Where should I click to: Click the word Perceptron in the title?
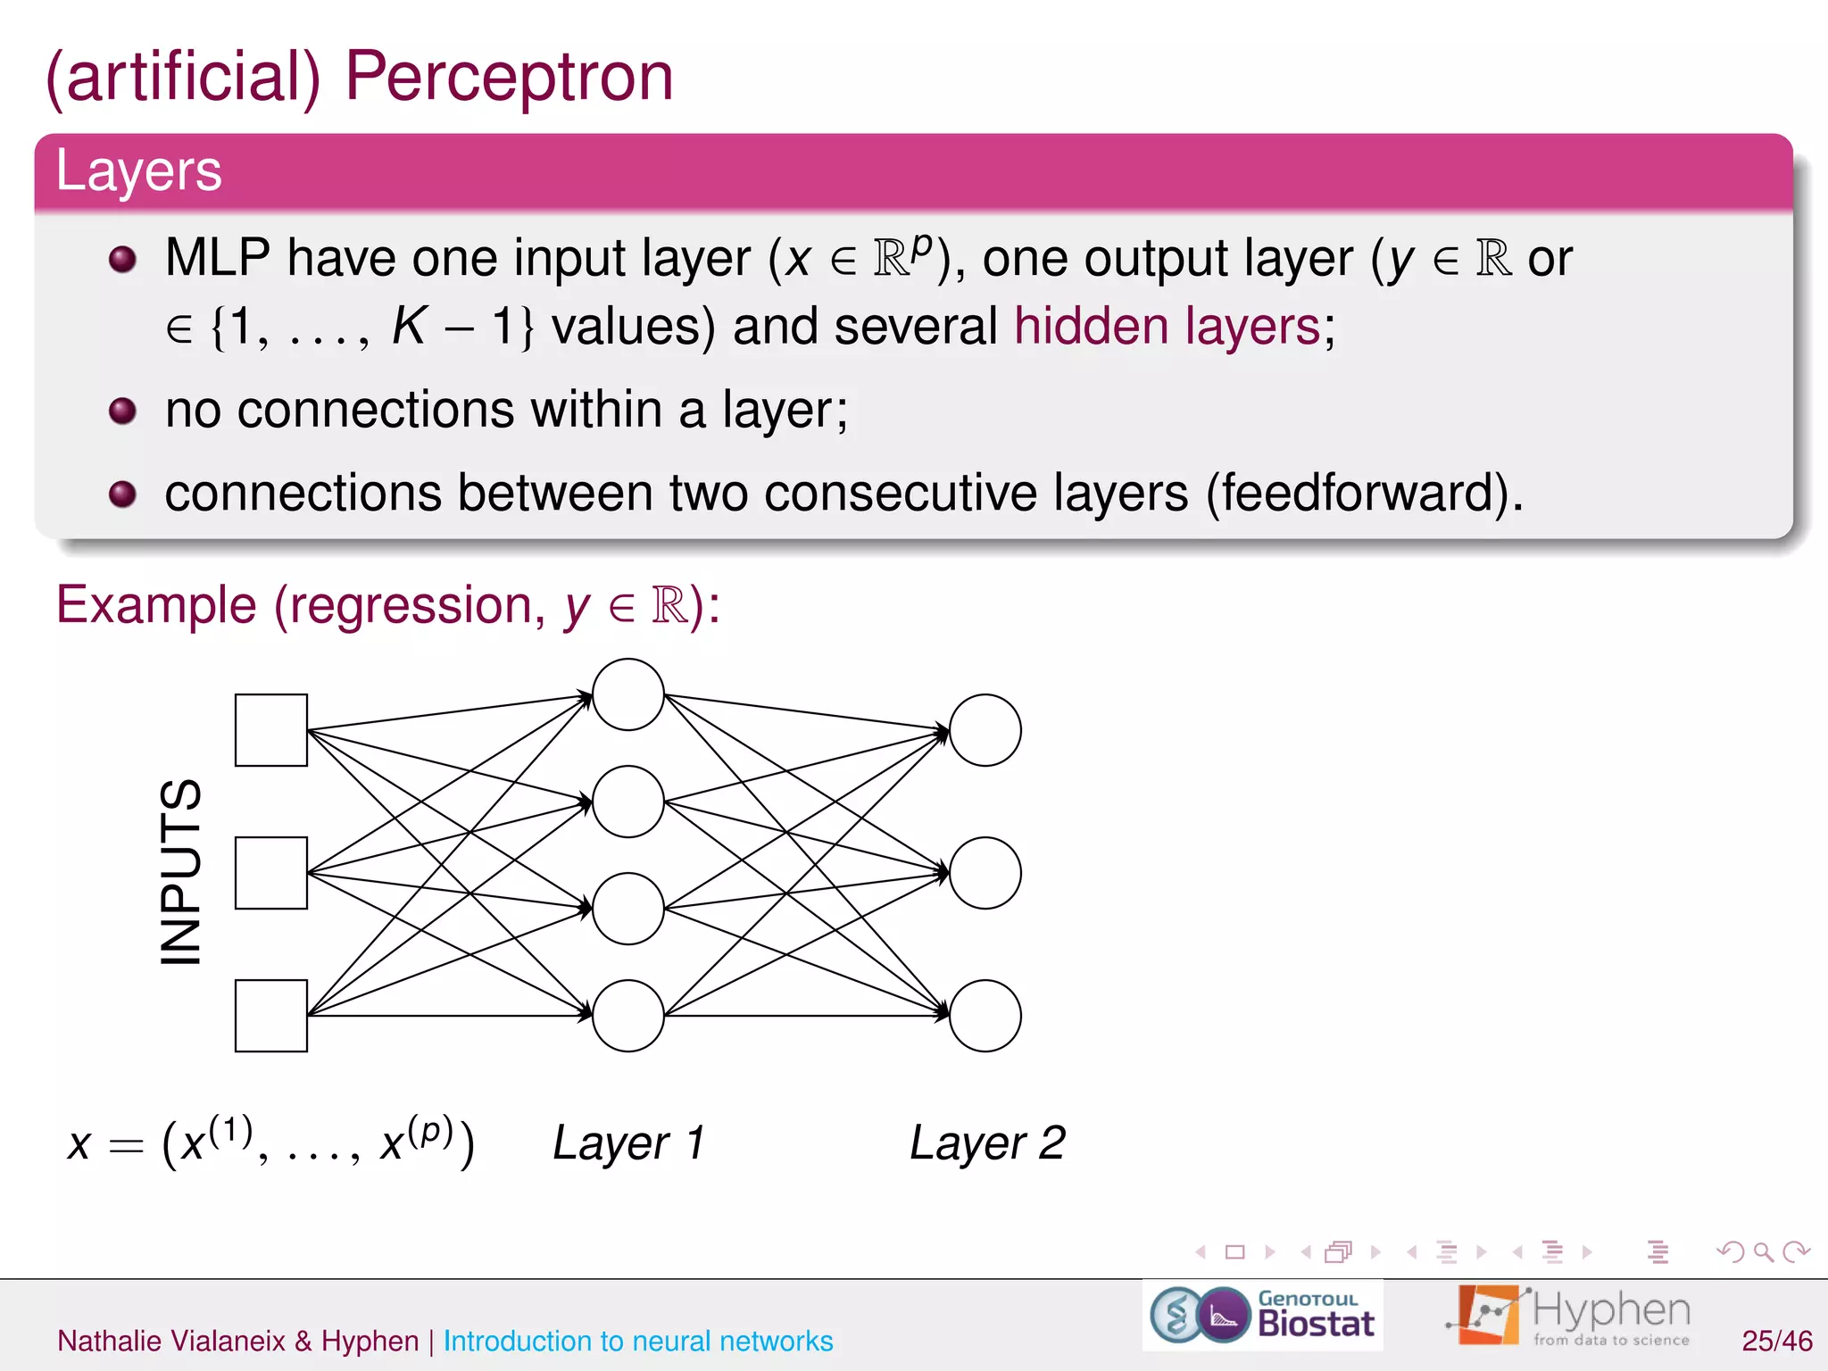[509, 79]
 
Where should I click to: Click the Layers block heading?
[138, 170]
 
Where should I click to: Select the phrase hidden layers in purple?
[1167, 326]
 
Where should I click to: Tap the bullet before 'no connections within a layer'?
[122, 411]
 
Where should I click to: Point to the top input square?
[271, 730]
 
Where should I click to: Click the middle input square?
[271, 873]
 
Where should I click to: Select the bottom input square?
[271, 1016]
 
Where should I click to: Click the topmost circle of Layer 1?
[628, 694]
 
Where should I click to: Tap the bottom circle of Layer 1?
[628, 1016]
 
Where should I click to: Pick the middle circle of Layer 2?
[985, 873]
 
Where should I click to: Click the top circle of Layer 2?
[985, 730]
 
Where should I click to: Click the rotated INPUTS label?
[181, 872]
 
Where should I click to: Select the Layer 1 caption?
[628, 1143]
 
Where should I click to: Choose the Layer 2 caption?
[987, 1143]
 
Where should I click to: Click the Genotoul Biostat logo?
[1262, 1315]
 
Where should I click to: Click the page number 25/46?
[1776, 1341]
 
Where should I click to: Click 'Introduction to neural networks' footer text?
[637, 1341]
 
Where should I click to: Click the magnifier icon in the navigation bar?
[1763, 1251]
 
